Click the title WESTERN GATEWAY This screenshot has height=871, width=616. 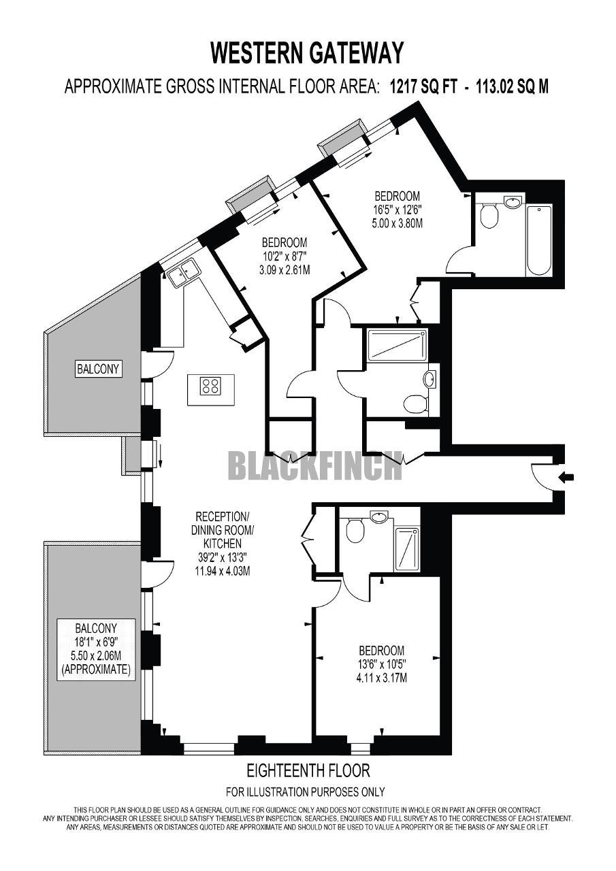(307, 52)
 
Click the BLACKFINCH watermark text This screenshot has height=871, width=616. (314, 466)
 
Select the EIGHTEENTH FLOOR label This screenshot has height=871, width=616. (308, 771)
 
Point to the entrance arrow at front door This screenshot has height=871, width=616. (565, 477)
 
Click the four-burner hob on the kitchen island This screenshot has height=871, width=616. (210, 386)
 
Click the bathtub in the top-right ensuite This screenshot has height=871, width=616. (538, 240)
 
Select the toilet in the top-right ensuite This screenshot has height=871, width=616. (488, 216)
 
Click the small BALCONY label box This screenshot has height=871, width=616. (98, 369)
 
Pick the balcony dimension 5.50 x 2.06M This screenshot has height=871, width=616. (95, 657)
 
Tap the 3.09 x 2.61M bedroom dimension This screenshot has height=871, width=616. (285, 269)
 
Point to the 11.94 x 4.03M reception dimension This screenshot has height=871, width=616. (218, 571)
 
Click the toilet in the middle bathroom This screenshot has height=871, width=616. (415, 405)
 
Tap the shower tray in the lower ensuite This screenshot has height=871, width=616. (407, 548)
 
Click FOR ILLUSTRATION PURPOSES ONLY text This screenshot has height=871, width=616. (305, 791)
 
